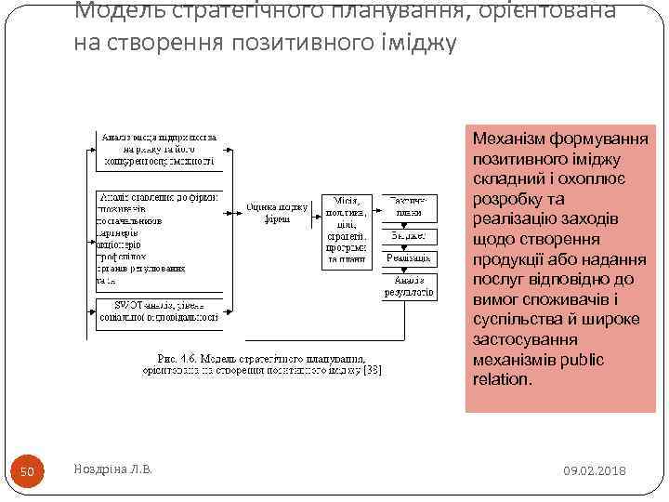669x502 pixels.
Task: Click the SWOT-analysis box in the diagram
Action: pos(158,310)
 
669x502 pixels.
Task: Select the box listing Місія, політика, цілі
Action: pos(346,231)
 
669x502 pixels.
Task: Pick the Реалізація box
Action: pos(409,258)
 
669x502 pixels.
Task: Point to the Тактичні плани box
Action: pos(409,205)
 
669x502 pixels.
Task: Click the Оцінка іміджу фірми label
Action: pos(276,213)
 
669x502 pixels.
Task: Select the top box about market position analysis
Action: pos(158,149)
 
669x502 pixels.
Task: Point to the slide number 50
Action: pos(27,472)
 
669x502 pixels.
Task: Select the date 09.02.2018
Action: pos(595,471)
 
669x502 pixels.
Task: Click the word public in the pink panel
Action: pos(584,360)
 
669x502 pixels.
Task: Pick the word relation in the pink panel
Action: pos(502,379)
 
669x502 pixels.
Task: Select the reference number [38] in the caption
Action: pos(372,370)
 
